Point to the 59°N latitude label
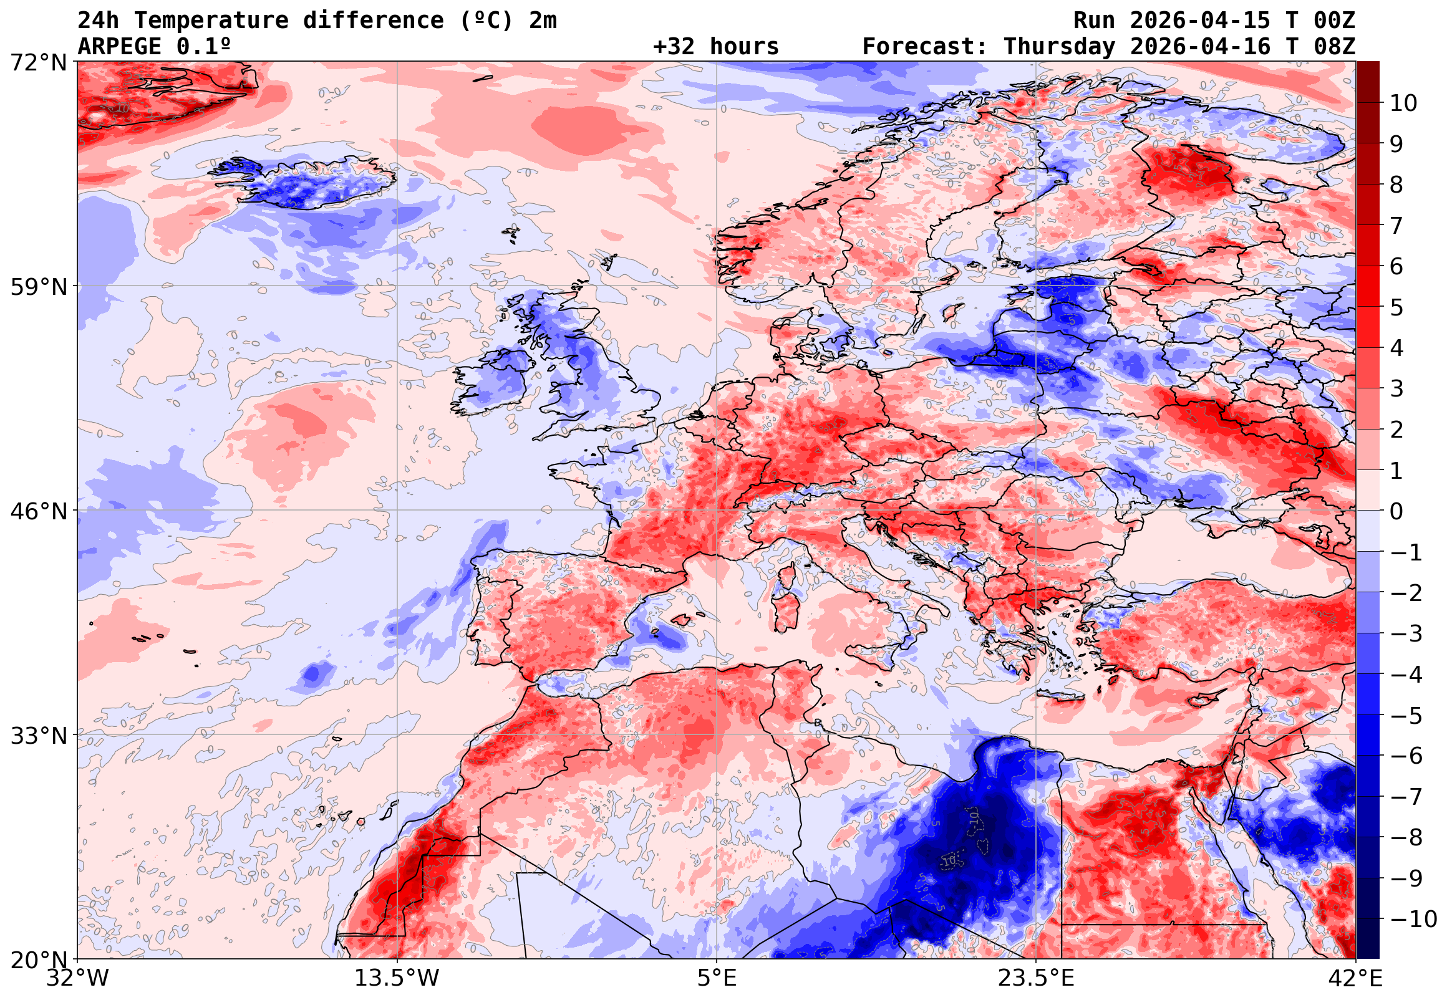click(x=37, y=287)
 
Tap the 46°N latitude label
click(x=37, y=511)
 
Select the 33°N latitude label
click(x=37, y=736)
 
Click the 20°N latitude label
click(x=37, y=960)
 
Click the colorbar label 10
click(x=1403, y=103)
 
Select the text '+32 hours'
click(x=715, y=46)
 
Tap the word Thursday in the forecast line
click(x=1059, y=46)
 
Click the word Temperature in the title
click(x=211, y=21)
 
